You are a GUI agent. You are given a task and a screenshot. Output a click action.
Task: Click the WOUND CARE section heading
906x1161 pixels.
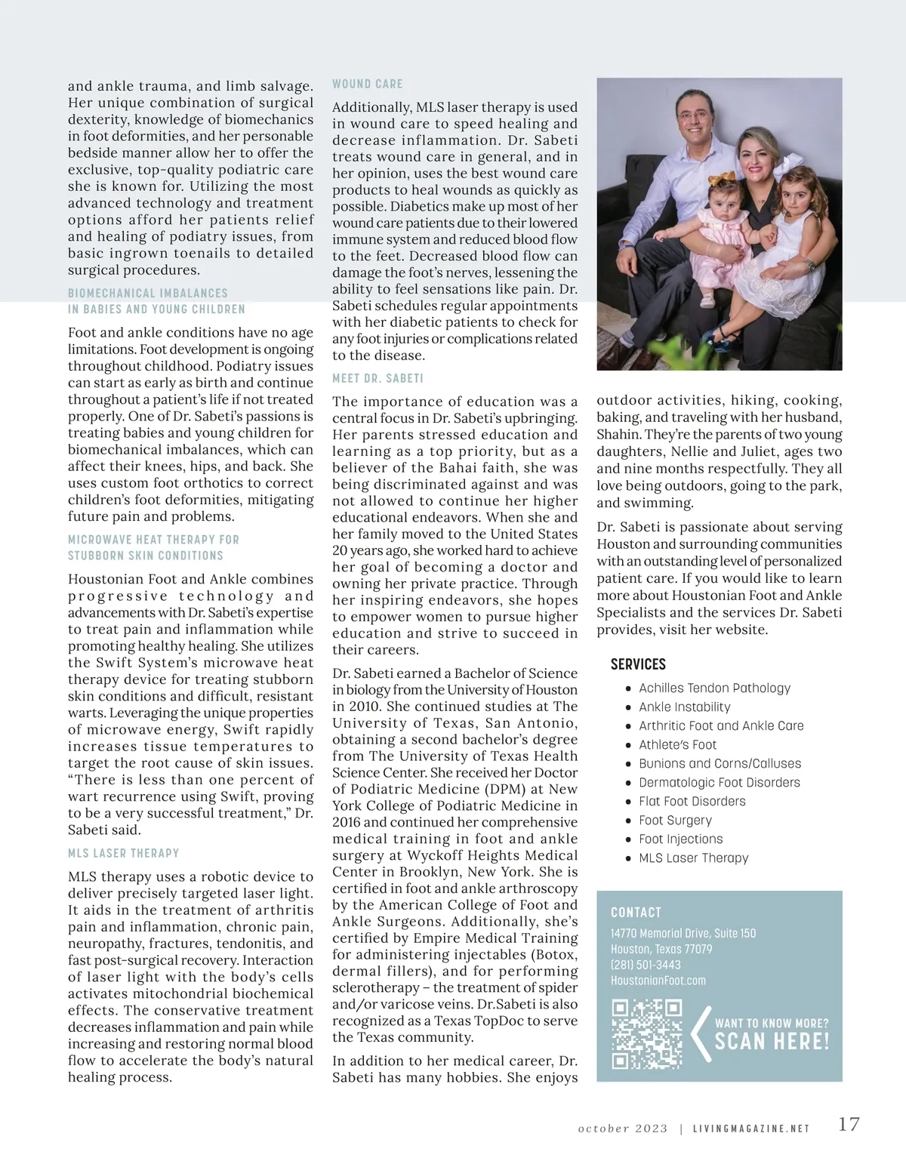368,84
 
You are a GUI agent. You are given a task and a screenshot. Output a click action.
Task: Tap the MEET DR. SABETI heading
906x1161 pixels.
377,378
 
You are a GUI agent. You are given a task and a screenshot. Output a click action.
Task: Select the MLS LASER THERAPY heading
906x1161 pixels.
124,853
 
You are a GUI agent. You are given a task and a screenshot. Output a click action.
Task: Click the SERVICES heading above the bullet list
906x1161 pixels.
638,664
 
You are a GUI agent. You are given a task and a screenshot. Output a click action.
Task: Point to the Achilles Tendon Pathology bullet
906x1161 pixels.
714,688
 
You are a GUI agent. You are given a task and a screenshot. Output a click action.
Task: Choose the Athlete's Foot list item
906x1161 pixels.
677,745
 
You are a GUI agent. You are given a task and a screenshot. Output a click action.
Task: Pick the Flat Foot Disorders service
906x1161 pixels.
692,802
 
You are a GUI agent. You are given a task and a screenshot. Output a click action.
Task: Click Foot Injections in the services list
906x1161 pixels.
680,839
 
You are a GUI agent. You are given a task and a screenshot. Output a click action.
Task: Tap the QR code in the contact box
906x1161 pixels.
647,1034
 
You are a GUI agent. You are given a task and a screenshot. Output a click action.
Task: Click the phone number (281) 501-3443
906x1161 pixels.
646,965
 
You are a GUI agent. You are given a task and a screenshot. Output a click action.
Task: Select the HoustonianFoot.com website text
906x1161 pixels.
658,981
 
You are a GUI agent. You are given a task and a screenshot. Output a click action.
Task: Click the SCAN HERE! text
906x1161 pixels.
772,1042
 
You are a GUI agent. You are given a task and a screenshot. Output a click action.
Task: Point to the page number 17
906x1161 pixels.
849,1124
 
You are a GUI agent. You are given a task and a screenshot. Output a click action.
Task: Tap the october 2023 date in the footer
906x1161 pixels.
623,1129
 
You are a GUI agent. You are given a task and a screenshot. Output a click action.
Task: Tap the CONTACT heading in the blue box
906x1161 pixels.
636,913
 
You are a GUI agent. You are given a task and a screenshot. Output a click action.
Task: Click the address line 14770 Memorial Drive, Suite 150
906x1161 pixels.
683,934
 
